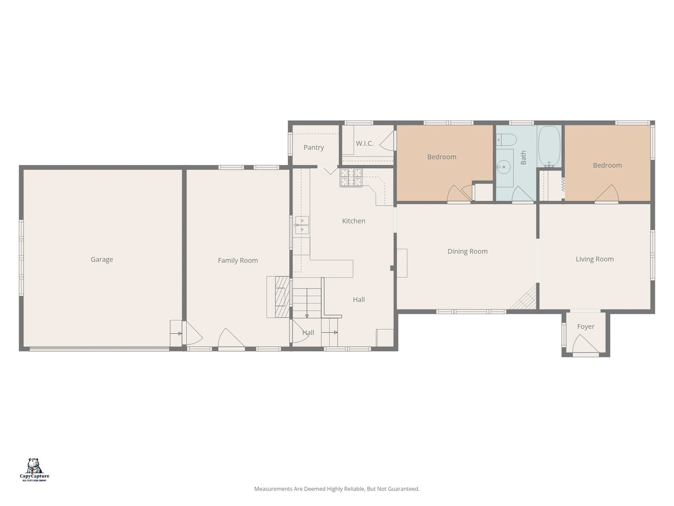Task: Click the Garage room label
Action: (x=102, y=260)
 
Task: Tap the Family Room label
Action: (x=238, y=260)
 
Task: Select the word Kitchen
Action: (x=353, y=221)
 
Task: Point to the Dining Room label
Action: (x=467, y=251)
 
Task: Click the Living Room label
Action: (x=594, y=259)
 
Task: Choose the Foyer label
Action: (x=586, y=327)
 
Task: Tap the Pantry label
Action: (x=314, y=148)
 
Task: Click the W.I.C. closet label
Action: (x=365, y=143)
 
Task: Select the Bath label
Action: (x=523, y=157)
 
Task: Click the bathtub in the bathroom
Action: (x=549, y=146)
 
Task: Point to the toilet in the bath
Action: (x=506, y=140)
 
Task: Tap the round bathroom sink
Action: (x=504, y=167)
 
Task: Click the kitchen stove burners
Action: (x=351, y=178)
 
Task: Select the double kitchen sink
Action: (x=302, y=225)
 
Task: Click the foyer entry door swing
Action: (x=585, y=344)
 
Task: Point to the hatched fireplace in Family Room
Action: (x=282, y=297)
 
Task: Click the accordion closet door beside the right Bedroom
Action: (x=563, y=184)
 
